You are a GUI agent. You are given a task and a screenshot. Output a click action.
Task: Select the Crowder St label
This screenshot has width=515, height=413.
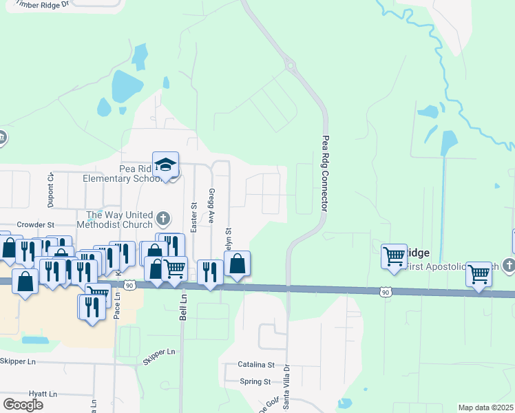[36, 224]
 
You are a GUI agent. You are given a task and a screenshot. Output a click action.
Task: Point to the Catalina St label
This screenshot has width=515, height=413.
[256, 365]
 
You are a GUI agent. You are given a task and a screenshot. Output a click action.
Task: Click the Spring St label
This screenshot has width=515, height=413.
[255, 381]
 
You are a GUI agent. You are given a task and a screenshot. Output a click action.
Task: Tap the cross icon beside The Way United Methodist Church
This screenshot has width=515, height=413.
[162, 219]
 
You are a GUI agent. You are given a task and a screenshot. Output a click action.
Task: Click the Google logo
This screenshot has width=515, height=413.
[23, 404]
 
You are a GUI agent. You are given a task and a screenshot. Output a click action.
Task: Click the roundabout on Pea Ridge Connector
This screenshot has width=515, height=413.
[291, 67]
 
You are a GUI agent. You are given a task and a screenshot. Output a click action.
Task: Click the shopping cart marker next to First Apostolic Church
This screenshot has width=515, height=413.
[479, 273]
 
